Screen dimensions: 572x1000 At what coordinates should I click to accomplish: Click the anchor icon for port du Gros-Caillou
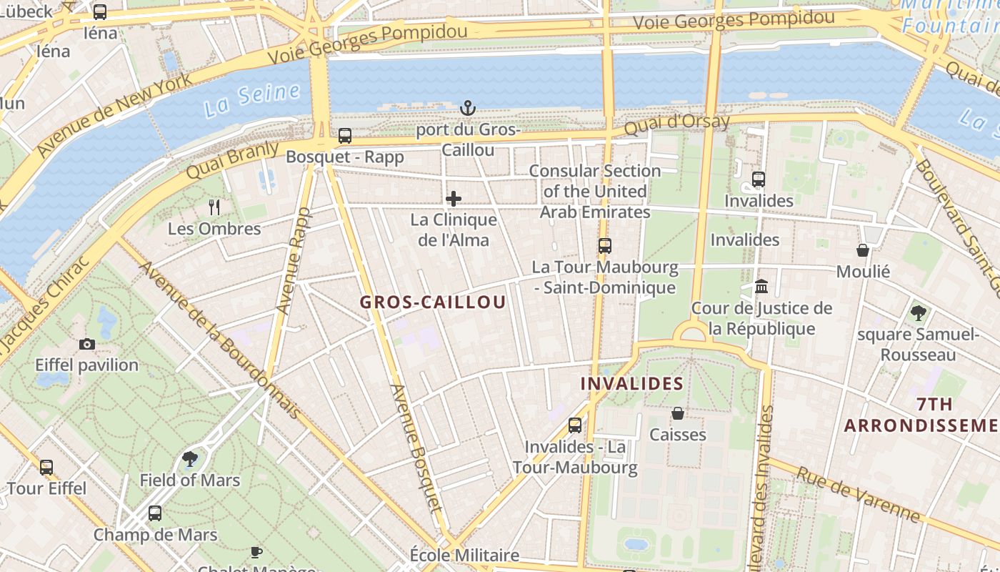pyautogui.click(x=468, y=108)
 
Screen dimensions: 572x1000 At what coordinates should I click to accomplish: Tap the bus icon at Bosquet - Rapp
pyautogui.click(x=345, y=135)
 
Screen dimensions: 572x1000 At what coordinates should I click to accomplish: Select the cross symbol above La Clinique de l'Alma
pyautogui.click(x=454, y=199)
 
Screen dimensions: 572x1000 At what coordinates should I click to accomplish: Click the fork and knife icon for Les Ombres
pyautogui.click(x=214, y=207)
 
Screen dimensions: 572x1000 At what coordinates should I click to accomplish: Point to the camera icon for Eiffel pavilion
pyautogui.click(x=87, y=344)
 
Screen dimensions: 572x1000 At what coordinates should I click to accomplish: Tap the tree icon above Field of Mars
pyautogui.click(x=190, y=458)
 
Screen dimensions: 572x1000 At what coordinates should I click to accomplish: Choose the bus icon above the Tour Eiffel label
pyautogui.click(x=46, y=468)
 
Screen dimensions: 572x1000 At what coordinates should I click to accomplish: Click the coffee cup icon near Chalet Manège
pyautogui.click(x=256, y=552)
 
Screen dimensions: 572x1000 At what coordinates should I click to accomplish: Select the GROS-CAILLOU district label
pyautogui.click(x=433, y=302)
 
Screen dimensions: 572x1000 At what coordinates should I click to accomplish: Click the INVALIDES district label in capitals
pyautogui.click(x=632, y=384)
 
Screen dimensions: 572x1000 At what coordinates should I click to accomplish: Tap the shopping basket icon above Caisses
pyautogui.click(x=678, y=413)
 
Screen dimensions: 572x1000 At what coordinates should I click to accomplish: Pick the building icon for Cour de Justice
pyautogui.click(x=761, y=287)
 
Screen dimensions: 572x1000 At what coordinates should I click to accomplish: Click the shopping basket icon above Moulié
pyautogui.click(x=863, y=250)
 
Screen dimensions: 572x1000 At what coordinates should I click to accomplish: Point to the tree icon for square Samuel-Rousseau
pyautogui.click(x=918, y=312)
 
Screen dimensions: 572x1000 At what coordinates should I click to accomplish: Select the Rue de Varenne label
pyautogui.click(x=859, y=494)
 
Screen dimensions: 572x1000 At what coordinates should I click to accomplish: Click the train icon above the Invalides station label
pyautogui.click(x=759, y=179)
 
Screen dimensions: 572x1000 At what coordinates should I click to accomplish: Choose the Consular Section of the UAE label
pyautogui.click(x=595, y=192)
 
